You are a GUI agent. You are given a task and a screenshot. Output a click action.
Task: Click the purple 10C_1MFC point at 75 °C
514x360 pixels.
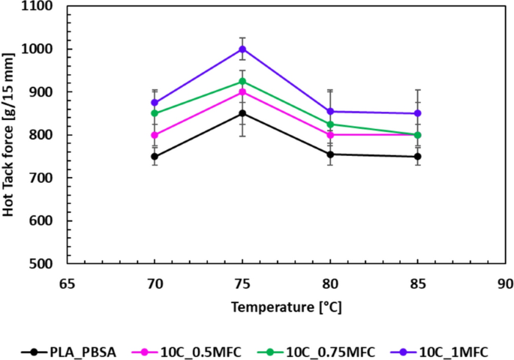242,49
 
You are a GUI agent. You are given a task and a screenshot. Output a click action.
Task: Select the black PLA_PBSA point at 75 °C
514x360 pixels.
242,113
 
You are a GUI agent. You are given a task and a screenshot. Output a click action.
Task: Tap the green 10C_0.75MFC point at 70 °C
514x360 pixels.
155,113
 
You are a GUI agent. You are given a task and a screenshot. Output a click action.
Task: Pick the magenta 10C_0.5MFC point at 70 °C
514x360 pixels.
155,136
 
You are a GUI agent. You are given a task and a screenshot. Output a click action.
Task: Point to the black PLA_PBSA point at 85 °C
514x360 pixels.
418,157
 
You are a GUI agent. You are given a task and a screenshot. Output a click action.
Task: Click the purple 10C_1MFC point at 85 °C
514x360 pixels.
418,113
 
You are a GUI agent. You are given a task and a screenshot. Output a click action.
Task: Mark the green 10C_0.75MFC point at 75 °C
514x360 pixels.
242,81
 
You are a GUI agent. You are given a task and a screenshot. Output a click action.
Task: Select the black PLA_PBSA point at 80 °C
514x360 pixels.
330,154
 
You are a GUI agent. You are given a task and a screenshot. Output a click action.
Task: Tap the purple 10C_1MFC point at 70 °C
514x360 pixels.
155,103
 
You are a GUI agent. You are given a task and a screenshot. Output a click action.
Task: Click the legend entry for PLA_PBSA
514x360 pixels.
72,350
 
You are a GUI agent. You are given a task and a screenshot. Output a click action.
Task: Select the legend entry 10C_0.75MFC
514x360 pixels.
315,350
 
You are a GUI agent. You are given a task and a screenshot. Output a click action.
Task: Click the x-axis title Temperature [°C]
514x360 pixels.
286,307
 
